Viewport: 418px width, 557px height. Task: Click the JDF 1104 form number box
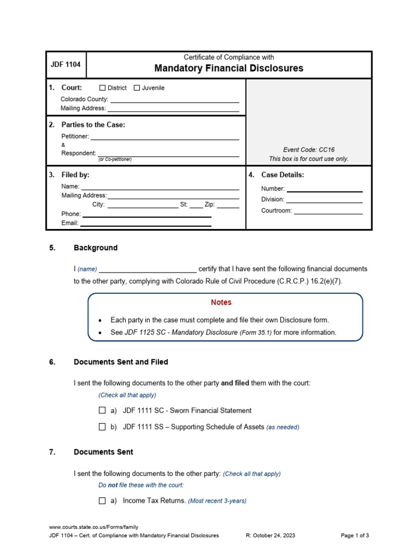[x=65, y=65]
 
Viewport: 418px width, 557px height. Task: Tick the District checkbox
[x=102, y=88]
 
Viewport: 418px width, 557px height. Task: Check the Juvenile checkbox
[x=137, y=88]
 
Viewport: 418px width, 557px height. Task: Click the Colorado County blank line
[x=175, y=100]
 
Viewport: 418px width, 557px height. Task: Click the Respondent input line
[x=168, y=153]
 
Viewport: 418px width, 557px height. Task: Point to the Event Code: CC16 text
[x=309, y=150]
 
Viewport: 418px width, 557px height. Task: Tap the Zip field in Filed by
[x=228, y=205]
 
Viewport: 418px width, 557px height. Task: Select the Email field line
[x=145, y=223]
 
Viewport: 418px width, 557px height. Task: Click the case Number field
[x=324, y=189]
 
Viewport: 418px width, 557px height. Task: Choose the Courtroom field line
[x=328, y=211]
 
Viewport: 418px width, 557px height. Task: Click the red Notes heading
[x=221, y=302]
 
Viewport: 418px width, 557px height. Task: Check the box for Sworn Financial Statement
[x=102, y=411]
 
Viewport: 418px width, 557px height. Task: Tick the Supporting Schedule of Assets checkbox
[x=102, y=427]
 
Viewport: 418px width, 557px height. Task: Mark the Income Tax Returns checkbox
[x=102, y=501]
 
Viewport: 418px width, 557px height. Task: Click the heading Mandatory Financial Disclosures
[x=229, y=69]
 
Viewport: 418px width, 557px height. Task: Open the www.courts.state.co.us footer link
[x=94, y=527]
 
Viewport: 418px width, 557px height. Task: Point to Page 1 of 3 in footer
[x=354, y=536]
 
